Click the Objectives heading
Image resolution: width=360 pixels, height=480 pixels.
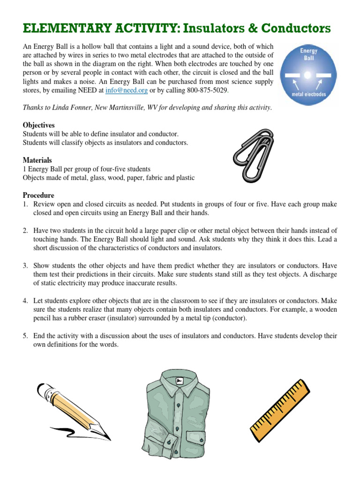pyautogui.click(x=39, y=125)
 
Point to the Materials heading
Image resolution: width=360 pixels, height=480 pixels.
pyautogui.click(x=37, y=160)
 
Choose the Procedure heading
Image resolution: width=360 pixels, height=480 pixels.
pyautogui.click(x=38, y=195)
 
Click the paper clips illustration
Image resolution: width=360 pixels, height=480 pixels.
pyautogui.click(x=253, y=157)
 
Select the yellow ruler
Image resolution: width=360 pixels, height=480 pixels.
pyautogui.click(x=280, y=410)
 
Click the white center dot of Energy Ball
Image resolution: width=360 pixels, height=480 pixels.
pyautogui.click(x=307, y=75)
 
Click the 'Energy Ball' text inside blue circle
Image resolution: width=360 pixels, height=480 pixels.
pyautogui.click(x=308, y=54)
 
